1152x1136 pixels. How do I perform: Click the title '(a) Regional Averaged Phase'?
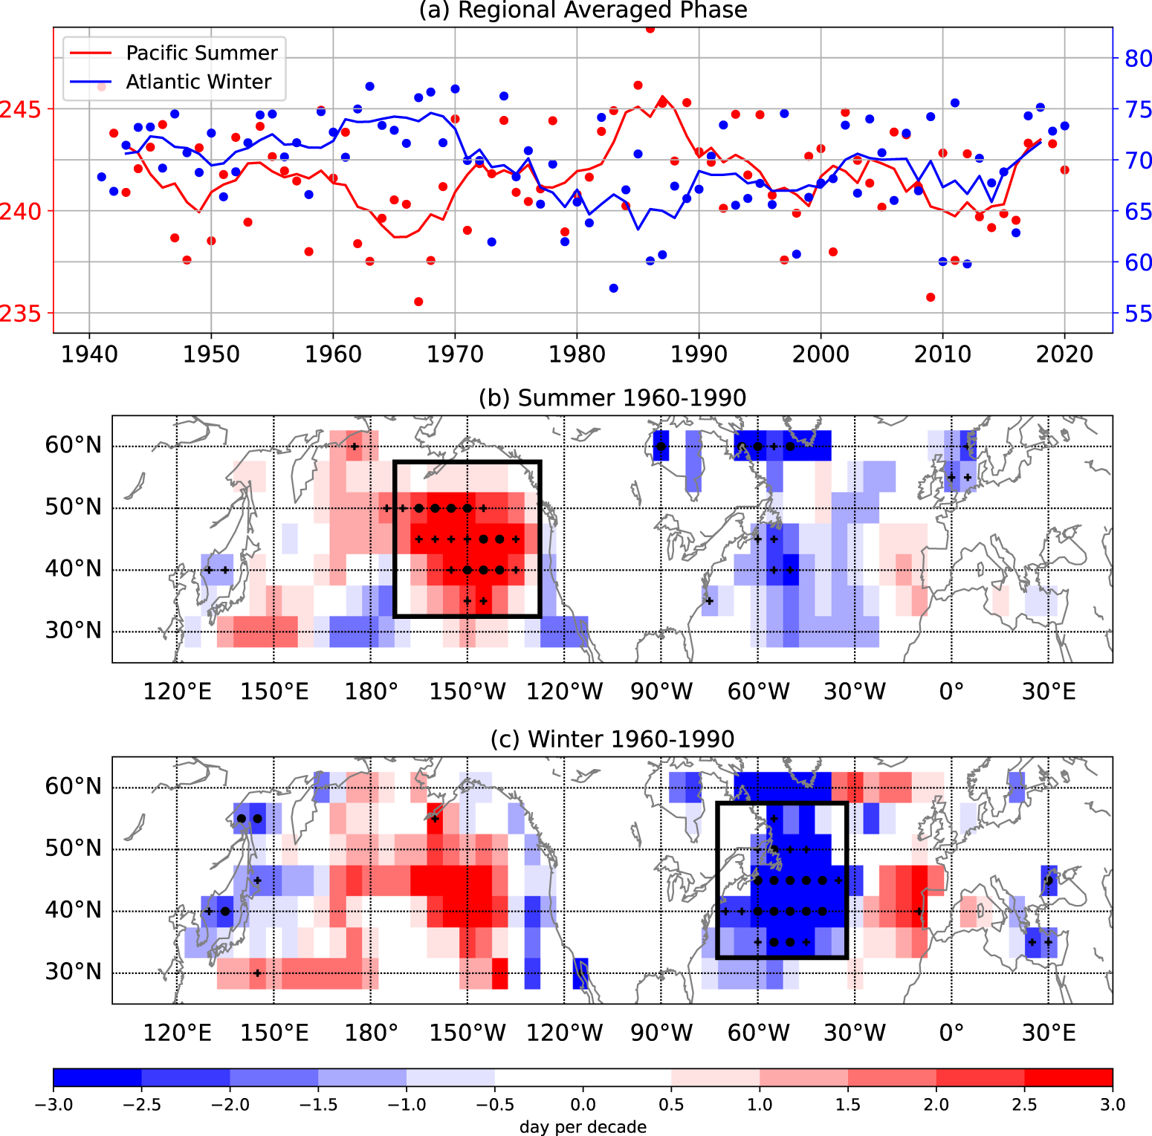click(x=583, y=10)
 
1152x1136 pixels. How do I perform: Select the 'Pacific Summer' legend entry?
click(x=201, y=53)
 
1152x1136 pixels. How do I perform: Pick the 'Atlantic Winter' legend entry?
click(x=198, y=82)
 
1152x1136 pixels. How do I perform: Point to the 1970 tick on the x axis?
click(x=455, y=354)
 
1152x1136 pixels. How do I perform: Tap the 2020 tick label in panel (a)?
click(x=1064, y=354)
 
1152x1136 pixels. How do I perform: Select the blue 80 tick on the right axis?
click(x=1138, y=59)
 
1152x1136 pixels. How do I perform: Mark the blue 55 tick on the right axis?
click(x=1138, y=314)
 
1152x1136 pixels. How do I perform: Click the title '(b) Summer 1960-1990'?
click(x=612, y=398)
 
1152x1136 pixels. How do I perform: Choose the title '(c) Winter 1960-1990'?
click(x=612, y=739)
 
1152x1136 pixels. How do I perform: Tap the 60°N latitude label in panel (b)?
click(x=73, y=446)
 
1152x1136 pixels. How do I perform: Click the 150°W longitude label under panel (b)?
click(x=467, y=692)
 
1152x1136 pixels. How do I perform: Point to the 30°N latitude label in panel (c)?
click(x=73, y=972)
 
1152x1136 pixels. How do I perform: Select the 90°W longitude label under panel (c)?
click(x=661, y=1033)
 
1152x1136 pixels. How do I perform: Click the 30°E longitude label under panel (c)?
click(x=1049, y=1033)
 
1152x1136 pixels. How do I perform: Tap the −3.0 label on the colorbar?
click(x=54, y=1105)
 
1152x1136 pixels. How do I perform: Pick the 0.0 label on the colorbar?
click(x=583, y=1105)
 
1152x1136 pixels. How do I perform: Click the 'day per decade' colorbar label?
click(x=583, y=1127)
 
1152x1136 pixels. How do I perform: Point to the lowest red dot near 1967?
click(x=418, y=302)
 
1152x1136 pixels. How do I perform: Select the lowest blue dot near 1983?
click(x=613, y=288)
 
